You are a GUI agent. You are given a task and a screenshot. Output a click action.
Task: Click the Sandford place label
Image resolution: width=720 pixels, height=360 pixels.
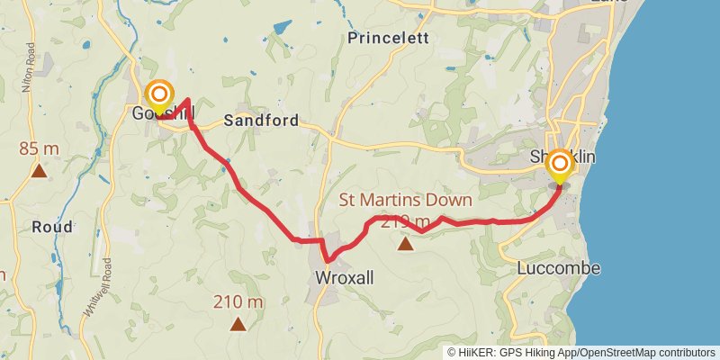point(261,120)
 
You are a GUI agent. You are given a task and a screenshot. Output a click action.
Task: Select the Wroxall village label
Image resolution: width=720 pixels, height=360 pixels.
point(345,278)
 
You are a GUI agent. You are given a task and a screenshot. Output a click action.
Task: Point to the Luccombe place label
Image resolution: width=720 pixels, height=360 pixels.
point(559,268)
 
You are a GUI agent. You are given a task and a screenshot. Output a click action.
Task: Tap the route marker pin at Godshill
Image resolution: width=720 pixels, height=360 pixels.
point(159,94)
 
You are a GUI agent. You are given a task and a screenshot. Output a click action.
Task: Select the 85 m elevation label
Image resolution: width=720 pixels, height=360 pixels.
point(39,148)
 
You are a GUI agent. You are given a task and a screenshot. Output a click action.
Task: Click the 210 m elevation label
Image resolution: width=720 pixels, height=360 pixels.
point(238,302)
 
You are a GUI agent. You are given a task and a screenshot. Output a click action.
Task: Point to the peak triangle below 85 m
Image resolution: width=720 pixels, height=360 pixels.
point(39,169)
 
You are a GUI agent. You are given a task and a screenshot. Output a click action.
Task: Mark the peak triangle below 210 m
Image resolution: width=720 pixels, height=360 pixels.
point(238,323)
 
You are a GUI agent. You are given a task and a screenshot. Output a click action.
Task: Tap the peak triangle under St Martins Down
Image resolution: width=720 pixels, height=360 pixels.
point(405,243)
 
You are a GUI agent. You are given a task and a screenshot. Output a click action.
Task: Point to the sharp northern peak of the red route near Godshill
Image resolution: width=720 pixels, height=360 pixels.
point(186,100)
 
